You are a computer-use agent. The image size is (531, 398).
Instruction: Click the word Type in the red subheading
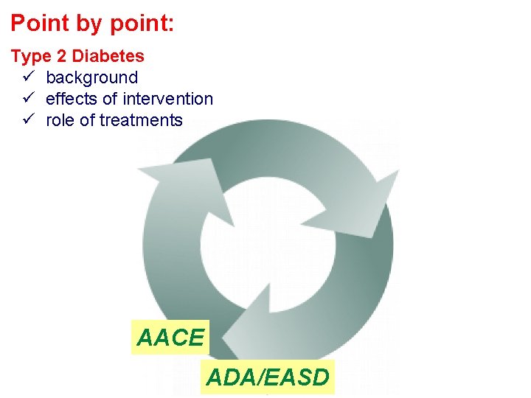[x=29, y=56]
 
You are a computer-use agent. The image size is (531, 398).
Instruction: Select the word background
[x=91, y=77]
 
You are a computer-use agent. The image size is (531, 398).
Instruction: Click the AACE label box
[x=170, y=338]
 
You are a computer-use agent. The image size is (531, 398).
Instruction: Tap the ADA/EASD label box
[x=267, y=377]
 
